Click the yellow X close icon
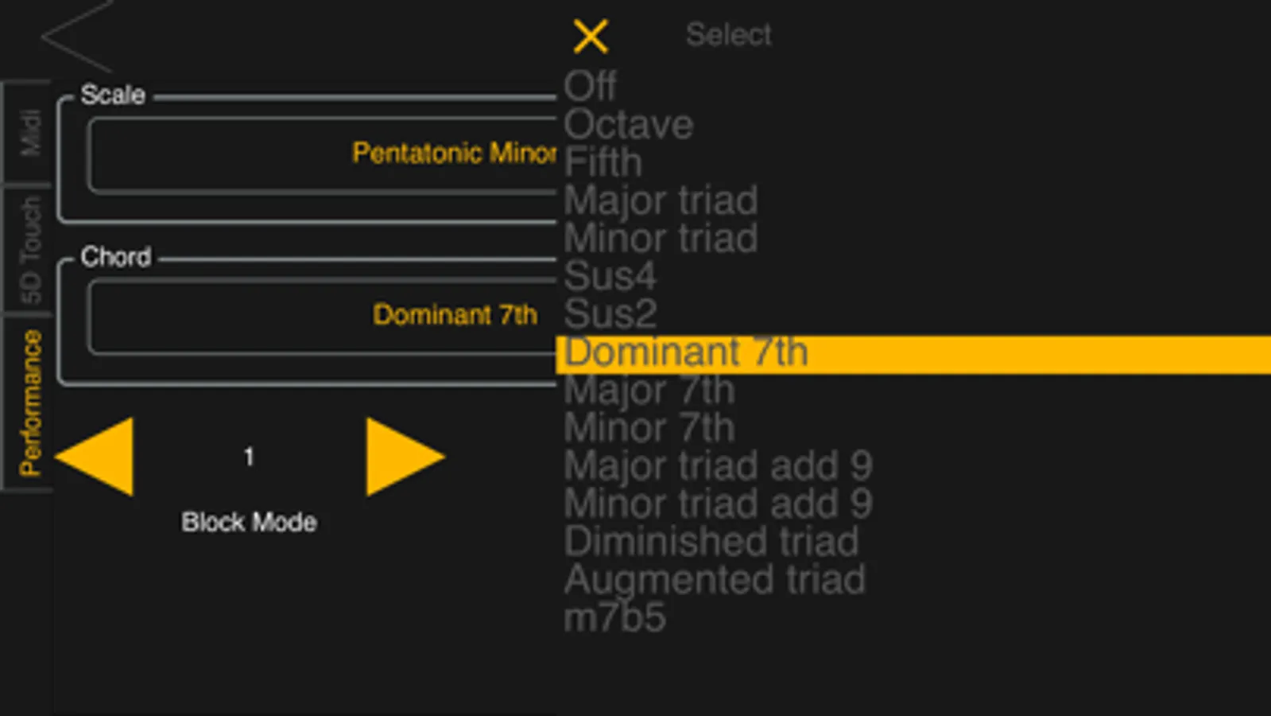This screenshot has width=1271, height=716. [591, 37]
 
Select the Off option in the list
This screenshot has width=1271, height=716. [590, 86]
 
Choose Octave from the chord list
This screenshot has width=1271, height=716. [628, 124]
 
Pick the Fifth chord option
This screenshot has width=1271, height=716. [603, 162]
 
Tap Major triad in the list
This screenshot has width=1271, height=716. [661, 200]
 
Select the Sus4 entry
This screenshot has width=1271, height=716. [610, 276]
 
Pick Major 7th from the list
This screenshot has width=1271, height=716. [649, 390]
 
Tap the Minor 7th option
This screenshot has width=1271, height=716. [649, 428]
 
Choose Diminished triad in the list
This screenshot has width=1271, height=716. [711, 542]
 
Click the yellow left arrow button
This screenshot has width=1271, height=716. [98, 457]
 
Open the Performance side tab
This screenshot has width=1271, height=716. [29, 403]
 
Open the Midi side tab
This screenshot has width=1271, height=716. [29, 133]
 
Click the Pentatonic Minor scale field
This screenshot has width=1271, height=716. [322, 154]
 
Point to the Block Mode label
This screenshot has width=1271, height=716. [249, 523]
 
